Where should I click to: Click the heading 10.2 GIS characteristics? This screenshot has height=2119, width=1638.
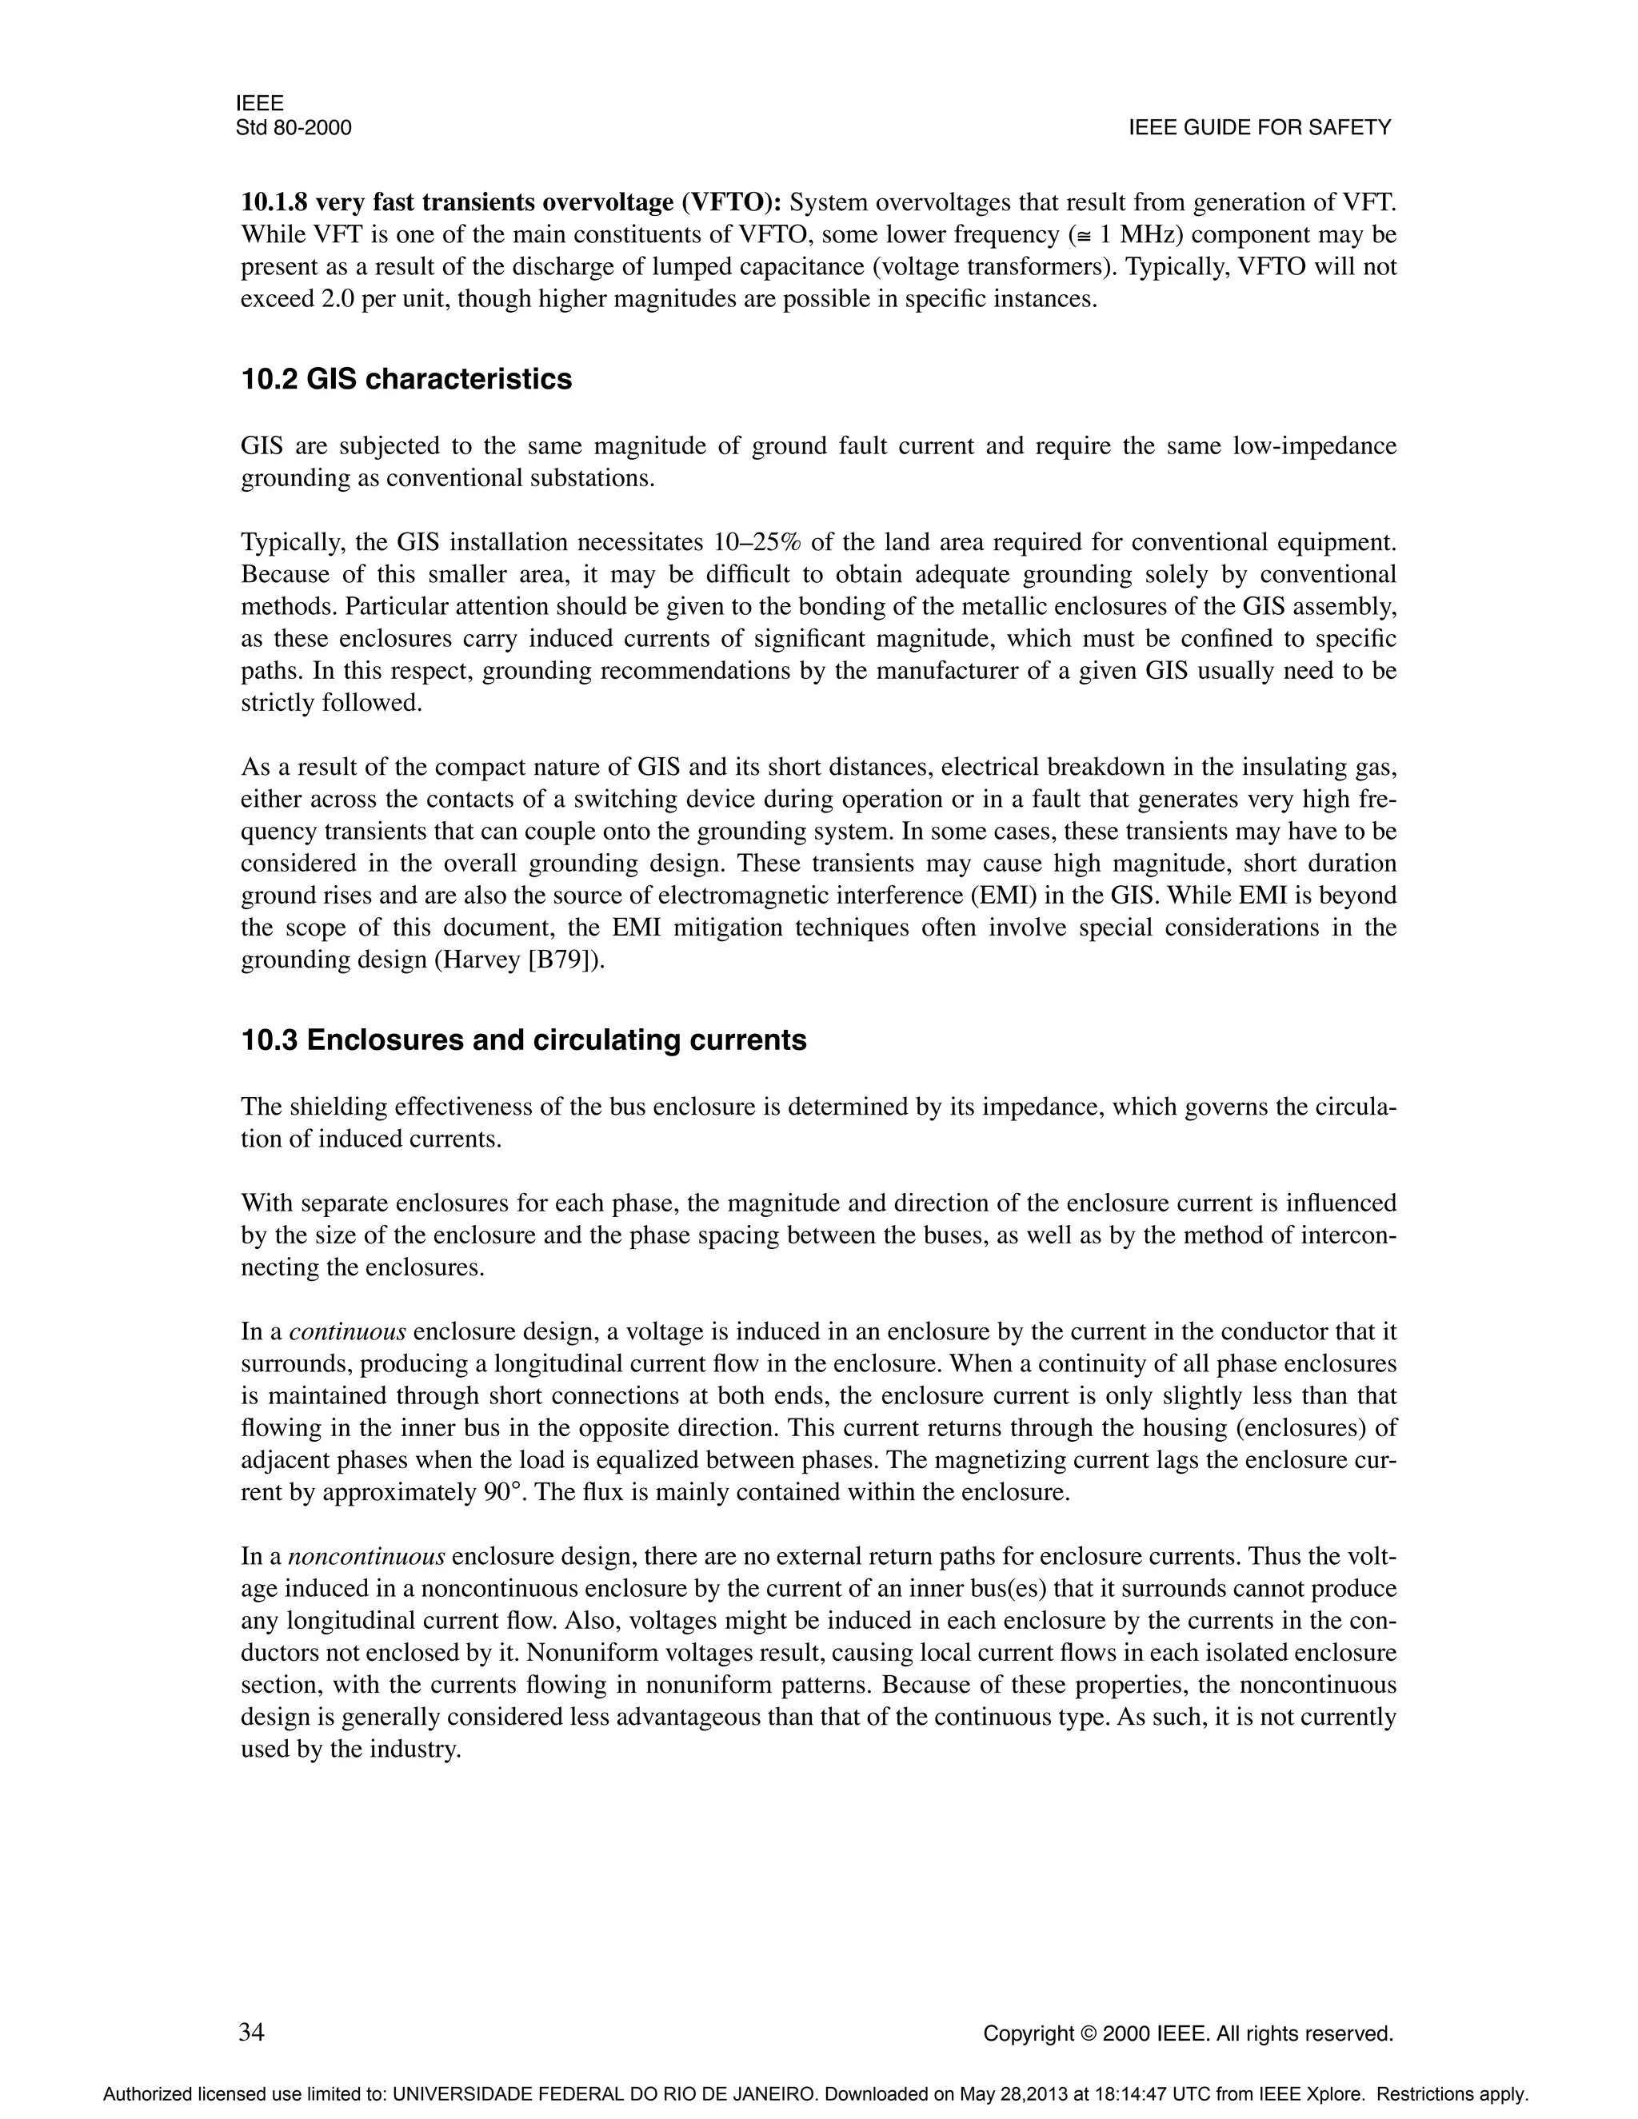click(x=406, y=379)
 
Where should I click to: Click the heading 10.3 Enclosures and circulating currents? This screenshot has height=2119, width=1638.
click(x=523, y=1040)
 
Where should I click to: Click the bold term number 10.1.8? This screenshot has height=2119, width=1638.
click(x=274, y=203)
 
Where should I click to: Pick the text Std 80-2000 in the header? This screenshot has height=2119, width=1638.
click(x=293, y=128)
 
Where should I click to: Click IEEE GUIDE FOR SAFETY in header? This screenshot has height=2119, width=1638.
click(x=1260, y=128)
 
